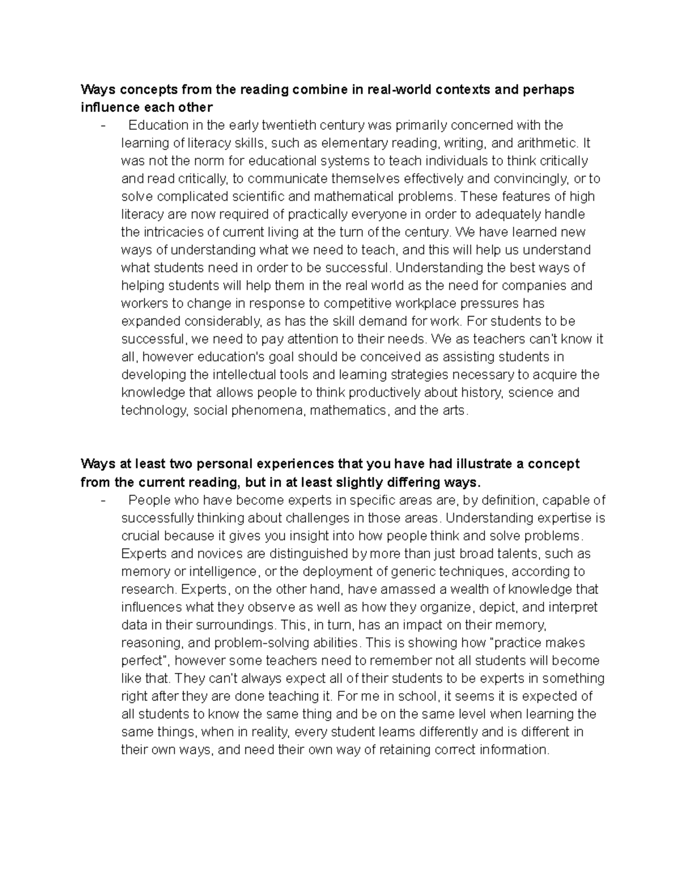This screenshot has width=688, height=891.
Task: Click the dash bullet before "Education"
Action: click(103, 125)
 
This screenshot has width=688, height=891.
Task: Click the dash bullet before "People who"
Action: click(103, 500)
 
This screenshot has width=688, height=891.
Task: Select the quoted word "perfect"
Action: click(143, 660)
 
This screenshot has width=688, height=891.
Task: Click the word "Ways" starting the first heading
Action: click(98, 90)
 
